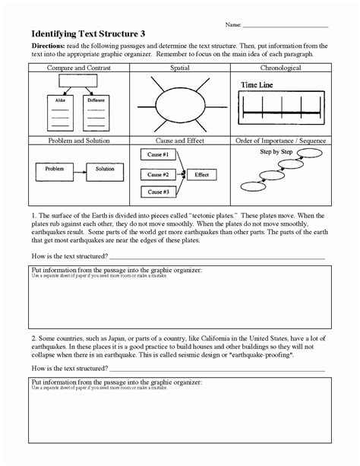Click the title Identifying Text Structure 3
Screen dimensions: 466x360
(88, 33)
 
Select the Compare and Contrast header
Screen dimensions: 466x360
(79, 68)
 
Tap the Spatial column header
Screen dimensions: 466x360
(179, 68)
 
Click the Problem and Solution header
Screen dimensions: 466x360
(79, 141)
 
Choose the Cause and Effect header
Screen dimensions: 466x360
(179, 141)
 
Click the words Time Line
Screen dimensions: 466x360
(257, 85)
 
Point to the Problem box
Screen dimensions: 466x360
(54, 169)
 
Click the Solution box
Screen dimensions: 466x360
(104, 169)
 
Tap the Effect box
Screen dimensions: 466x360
(201, 174)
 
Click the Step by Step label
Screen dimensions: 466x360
(276, 152)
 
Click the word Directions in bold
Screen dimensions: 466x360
(46, 46)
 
